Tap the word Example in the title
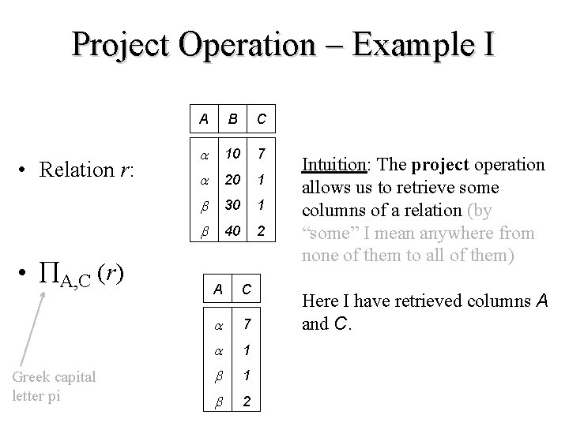[404, 44]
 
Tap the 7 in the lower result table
[247, 322]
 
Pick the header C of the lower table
[247, 290]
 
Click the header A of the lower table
[217, 290]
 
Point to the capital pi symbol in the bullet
[51, 273]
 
